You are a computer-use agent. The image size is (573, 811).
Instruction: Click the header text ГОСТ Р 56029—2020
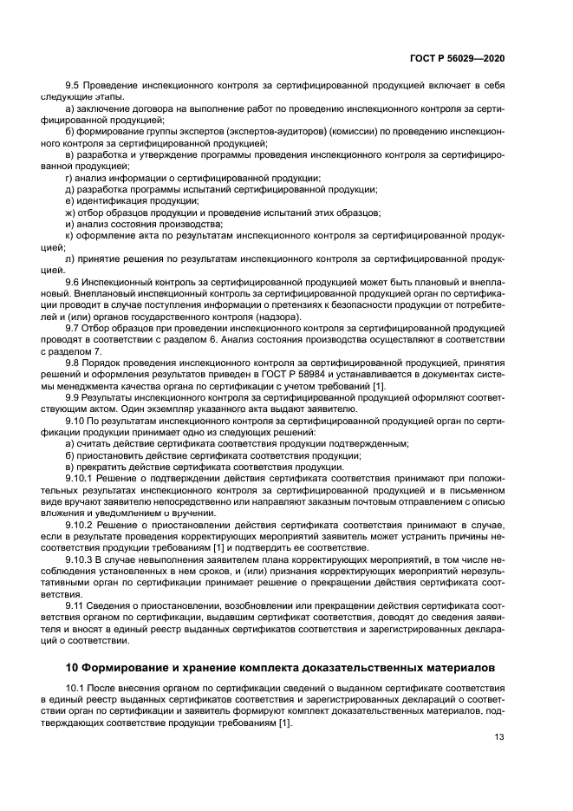click(x=458, y=57)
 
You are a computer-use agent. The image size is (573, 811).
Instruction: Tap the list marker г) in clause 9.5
click(x=69, y=178)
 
